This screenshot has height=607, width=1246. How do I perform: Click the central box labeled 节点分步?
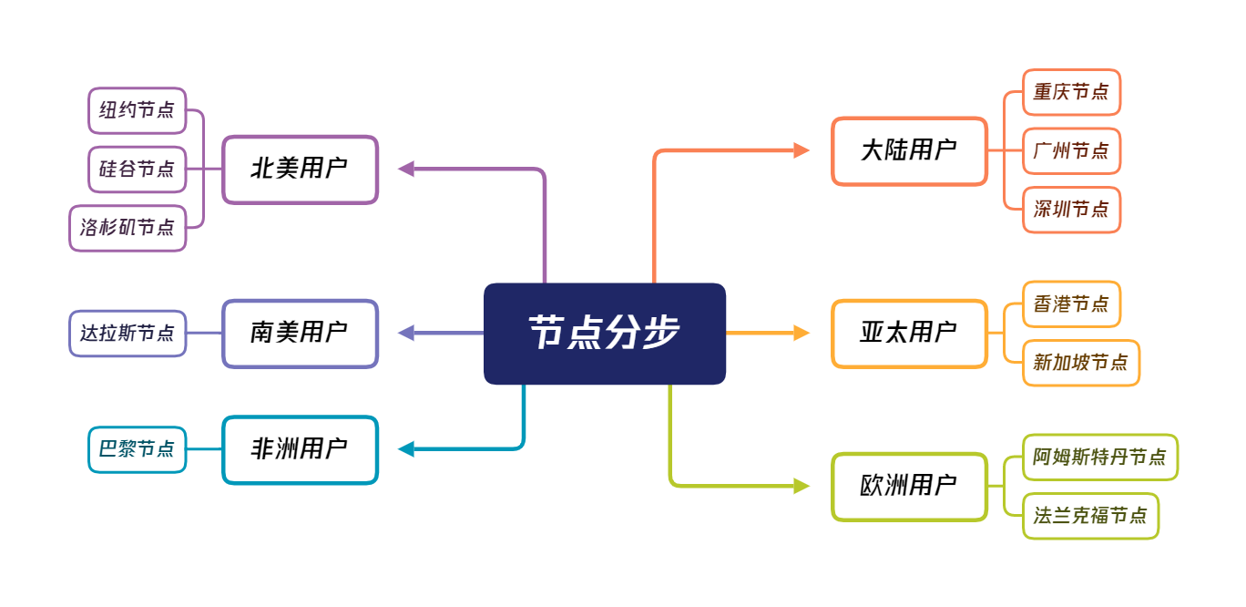pyautogui.click(x=605, y=334)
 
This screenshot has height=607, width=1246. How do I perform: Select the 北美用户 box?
pyautogui.click(x=301, y=170)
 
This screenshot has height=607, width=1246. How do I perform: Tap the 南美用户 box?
pyautogui.click(x=301, y=334)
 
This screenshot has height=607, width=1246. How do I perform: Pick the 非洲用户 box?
pyautogui.click(x=301, y=450)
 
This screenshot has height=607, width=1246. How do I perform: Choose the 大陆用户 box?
pyautogui.click(x=910, y=150)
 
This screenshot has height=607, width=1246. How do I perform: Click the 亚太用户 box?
pyautogui.click(x=910, y=334)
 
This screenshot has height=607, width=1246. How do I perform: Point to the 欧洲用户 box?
pyautogui.click(x=910, y=487)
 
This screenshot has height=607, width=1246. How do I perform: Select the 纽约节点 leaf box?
pyautogui.click(x=137, y=110)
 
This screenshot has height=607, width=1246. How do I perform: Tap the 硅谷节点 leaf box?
pyautogui.click(x=137, y=170)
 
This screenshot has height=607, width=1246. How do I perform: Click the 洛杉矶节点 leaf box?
pyautogui.click(x=128, y=228)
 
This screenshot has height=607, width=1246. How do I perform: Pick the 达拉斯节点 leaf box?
pyautogui.click(x=128, y=334)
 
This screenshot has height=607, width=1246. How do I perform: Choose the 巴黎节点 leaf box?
pyautogui.click(x=137, y=449)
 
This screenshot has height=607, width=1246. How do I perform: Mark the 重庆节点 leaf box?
pyautogui.click(x=1071, y=92)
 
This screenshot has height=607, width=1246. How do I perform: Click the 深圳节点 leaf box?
pyautogui.click(x=1071, y=210)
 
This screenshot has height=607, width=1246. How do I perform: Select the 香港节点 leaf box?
pyautogui.click(x=1071, y=304)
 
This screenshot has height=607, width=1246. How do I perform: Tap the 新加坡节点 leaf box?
pyautogui.click(x=1081, y=363)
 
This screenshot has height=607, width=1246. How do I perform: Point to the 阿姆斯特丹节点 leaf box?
pyautogui.click(x=1100, y=458)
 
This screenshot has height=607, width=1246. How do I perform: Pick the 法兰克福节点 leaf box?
pyautogui.click(x=1090, y=516)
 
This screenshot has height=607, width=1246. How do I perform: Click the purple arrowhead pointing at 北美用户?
pyautogui.click(x=406, y=169)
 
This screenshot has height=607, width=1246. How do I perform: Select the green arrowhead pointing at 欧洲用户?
pyautogui.click(x=801, y=486)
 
